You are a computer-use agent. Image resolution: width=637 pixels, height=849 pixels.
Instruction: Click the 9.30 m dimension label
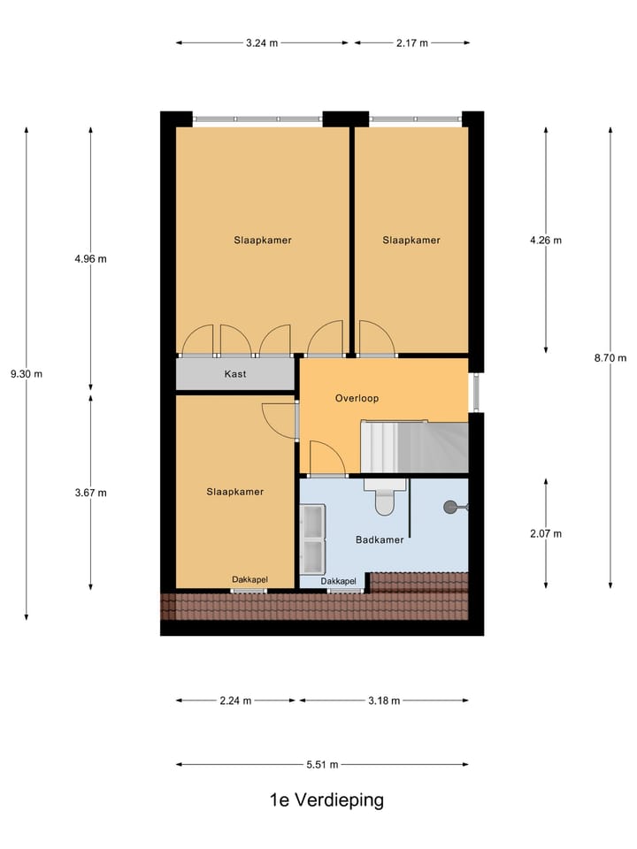point(27,373)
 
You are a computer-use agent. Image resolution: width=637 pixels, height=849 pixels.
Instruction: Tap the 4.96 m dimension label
point(91,259)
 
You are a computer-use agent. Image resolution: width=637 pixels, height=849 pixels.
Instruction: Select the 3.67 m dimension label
point(91,493)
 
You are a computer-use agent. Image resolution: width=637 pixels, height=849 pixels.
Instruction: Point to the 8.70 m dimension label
point(610,358)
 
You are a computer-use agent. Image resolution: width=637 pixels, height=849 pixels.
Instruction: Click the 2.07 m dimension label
point(546,533)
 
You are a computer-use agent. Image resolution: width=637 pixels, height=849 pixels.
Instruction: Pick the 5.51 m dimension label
point(323,764)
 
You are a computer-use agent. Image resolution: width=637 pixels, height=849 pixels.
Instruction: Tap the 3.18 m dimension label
point(384,700)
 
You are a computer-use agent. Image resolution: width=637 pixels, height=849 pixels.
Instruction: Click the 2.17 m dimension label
point(412,42)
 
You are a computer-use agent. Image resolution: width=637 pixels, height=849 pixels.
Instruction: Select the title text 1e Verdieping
point(326,800)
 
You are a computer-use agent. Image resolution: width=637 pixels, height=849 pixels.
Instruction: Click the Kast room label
point(235,374)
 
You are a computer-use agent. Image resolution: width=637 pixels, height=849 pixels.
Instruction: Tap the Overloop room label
point(357,399)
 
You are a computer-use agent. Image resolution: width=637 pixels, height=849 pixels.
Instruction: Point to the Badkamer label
point(380,539)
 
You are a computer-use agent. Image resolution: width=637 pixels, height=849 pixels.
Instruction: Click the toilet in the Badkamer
point(384,501)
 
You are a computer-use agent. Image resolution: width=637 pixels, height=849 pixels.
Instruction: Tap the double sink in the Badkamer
point(313,539)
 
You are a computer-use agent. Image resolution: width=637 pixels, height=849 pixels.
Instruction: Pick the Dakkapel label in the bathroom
point(339,581)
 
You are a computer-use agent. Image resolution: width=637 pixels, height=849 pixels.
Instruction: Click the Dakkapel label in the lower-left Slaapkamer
point(250,579)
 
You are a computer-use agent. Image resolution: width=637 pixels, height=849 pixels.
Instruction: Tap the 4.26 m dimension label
point(546,240)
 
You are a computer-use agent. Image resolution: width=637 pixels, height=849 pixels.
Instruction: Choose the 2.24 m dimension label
point(235,700)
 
